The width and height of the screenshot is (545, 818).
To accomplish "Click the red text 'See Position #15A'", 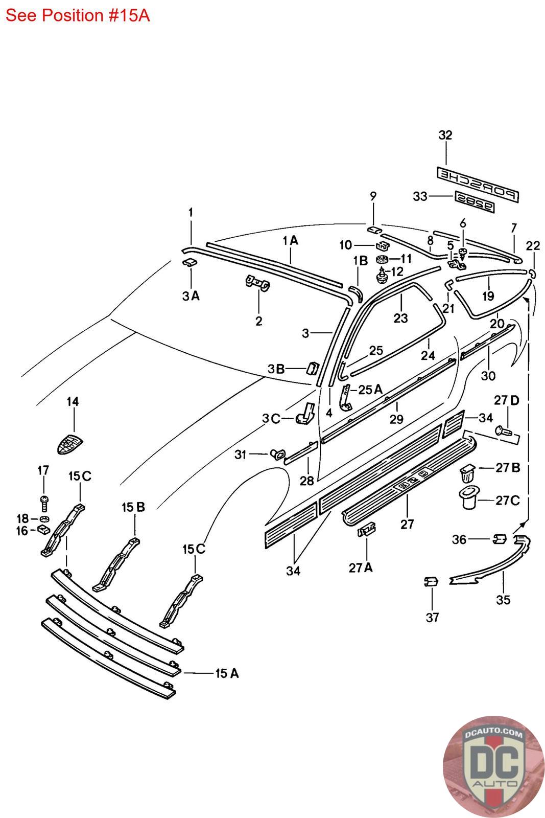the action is click(77, 15).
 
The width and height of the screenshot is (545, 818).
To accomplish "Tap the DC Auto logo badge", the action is click(494, 766).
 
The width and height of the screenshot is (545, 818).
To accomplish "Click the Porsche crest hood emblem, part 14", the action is click(70, 444).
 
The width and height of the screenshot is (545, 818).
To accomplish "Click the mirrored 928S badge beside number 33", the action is click(475, 201).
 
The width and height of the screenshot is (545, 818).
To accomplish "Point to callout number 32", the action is click(445, 135).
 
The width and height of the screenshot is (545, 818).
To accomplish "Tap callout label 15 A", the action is click(227, 673).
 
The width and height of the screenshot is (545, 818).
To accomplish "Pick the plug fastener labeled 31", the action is click(276, 455).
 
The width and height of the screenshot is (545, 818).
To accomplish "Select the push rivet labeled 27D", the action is click(504, 431).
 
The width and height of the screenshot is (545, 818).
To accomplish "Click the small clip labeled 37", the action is click(431, 581).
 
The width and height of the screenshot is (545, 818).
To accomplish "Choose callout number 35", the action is click(503, 600).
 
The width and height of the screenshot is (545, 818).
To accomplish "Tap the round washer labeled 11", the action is click(383, 260).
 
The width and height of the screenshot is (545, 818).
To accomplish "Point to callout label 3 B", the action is click(276, 369).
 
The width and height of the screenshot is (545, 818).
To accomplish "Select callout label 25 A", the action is click(370, 389).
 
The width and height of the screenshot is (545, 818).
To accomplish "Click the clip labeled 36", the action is click(500, 539).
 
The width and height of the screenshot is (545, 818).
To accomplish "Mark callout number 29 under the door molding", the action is click(396, 419).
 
